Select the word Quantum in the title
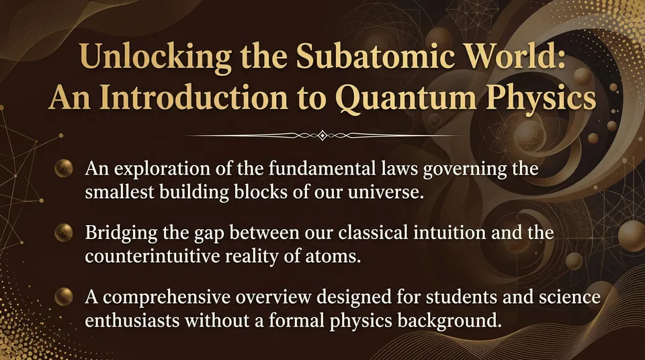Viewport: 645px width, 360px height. pos(397,101)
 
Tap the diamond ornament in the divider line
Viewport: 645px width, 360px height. pos(322,136)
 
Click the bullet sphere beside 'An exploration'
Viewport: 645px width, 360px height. pos(65,168)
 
